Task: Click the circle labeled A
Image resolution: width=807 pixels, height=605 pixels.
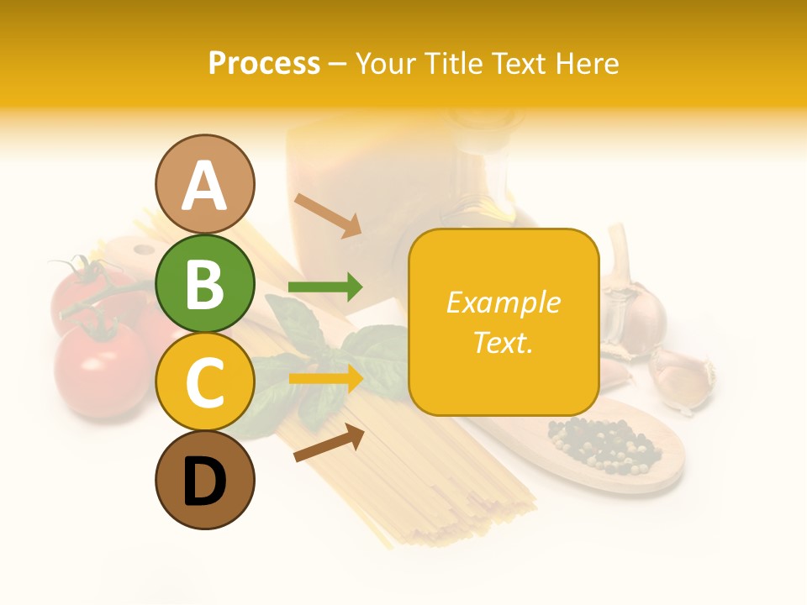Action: (204, 184)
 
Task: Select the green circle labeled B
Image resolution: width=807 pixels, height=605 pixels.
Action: (204, 283)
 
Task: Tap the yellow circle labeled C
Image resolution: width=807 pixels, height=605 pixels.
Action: (204, 381)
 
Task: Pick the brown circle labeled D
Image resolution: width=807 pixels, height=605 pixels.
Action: (204, 480)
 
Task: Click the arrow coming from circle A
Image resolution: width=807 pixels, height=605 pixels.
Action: (327, 215)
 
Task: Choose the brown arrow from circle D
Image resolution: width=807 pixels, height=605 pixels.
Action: (329, 443)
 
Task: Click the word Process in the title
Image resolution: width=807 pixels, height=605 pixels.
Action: (264, 63)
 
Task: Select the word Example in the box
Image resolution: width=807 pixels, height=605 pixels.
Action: (504, 302)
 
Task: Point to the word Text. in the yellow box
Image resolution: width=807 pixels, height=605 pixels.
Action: (504, 342)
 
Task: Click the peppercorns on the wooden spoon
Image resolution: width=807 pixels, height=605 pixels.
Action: (602, 446)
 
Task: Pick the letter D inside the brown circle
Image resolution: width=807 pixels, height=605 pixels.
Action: (204, 482)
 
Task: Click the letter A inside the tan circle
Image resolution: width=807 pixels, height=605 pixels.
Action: (204, 186)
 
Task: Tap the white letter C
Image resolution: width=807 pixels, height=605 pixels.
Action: (204, 382)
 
